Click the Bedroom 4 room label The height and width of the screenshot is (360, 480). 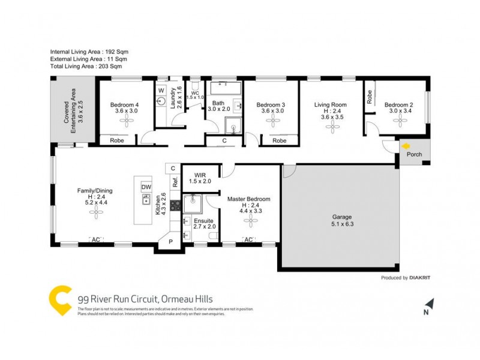click(x=125, y=104)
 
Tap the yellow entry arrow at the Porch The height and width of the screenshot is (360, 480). click(x=407, y=145)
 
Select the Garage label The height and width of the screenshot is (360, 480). click(x=341, y=217)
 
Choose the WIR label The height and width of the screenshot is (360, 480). click(x=200, y=175)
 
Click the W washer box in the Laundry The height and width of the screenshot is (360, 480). click(x=161, y=91)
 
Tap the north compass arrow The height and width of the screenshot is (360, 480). click(x=427, y=304)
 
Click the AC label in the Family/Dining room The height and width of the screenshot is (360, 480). click(x=95, y=240)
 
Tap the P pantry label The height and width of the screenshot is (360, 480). click(x=170, y=242)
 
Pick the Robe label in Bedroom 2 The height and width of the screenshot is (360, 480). click(x=370, y=97)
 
